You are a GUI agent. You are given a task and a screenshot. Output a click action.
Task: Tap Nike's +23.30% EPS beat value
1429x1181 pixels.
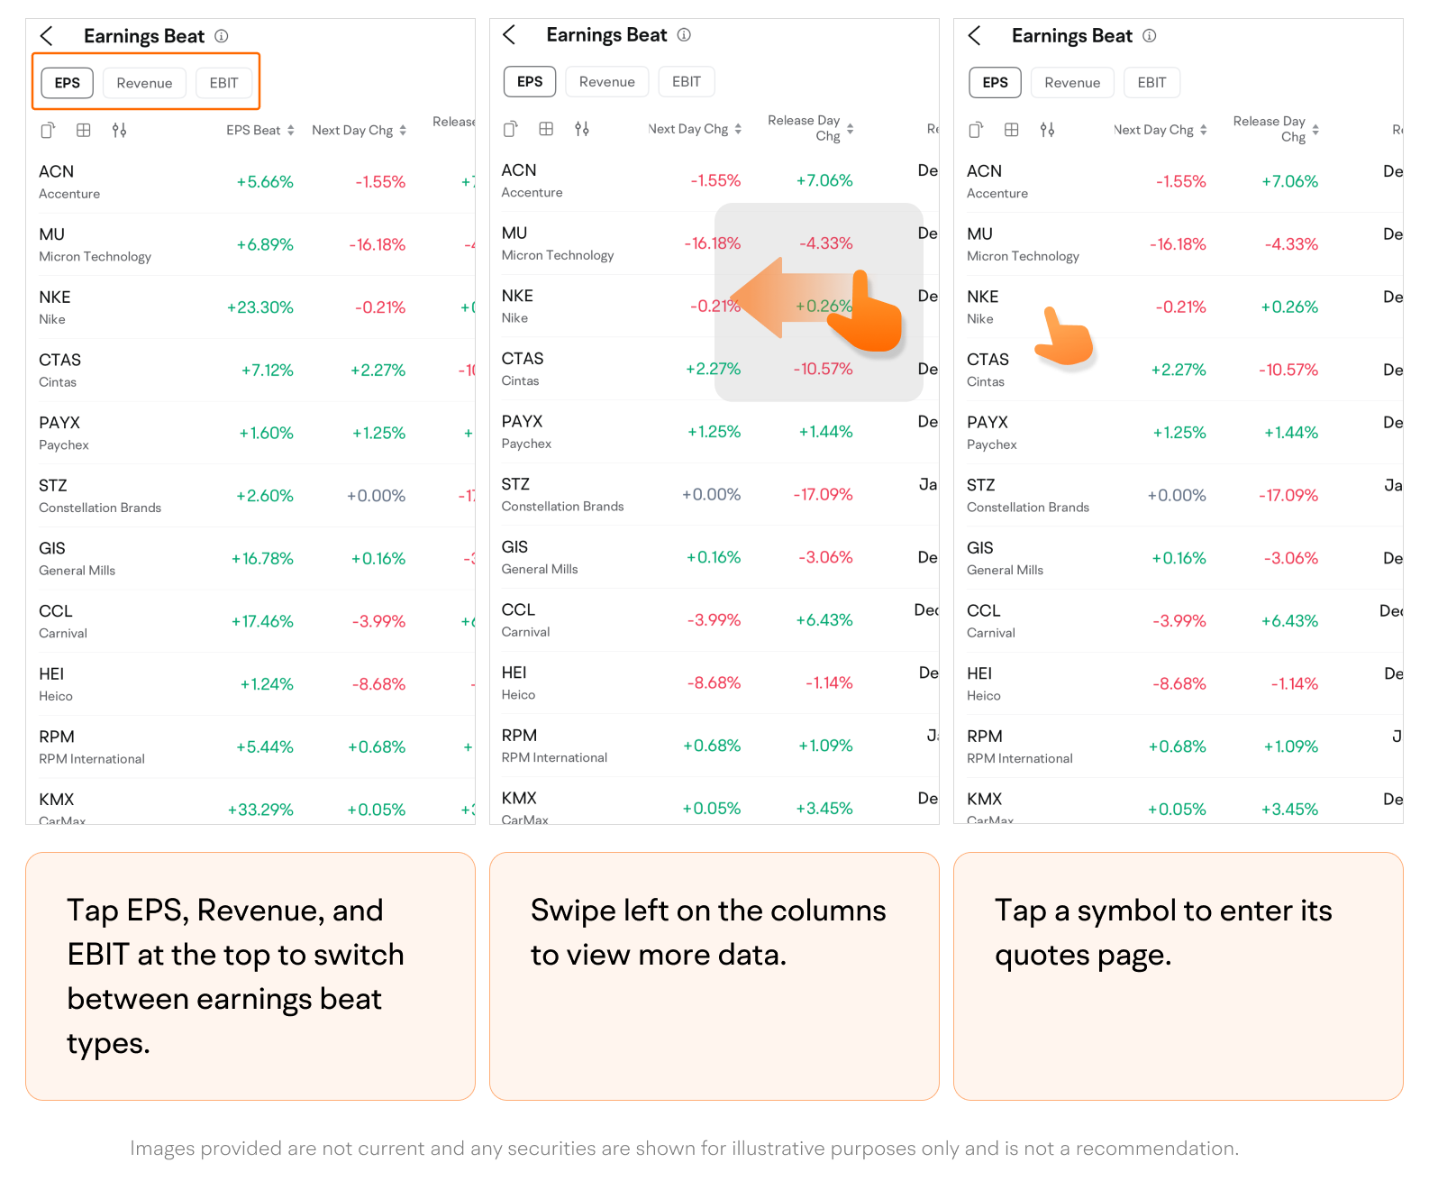tap(260, 307)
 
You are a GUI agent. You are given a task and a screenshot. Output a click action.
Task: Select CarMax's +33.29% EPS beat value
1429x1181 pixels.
tap(260, 810)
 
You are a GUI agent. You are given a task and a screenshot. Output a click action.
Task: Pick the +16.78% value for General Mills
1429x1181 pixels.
tap(262, 559)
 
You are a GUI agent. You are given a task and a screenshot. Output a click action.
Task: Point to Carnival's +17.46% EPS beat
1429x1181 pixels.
tap(262, 621)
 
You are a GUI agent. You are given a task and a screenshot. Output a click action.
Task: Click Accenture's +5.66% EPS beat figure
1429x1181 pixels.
tap(265, 182)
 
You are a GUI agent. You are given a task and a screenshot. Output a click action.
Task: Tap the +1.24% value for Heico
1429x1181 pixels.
tap(267, 684)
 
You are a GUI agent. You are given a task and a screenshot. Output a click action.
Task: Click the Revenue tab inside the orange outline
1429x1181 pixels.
tap(144, 83)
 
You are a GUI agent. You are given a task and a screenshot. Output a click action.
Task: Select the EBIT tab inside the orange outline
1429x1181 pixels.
tap(223, 83)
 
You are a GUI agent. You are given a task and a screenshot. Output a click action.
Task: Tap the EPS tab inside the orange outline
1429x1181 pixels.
tap(68, 83)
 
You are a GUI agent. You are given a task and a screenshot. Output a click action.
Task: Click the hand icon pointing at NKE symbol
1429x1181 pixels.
tap(1064, 337)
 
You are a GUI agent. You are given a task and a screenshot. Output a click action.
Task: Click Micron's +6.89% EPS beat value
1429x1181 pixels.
tap(265, 245)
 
